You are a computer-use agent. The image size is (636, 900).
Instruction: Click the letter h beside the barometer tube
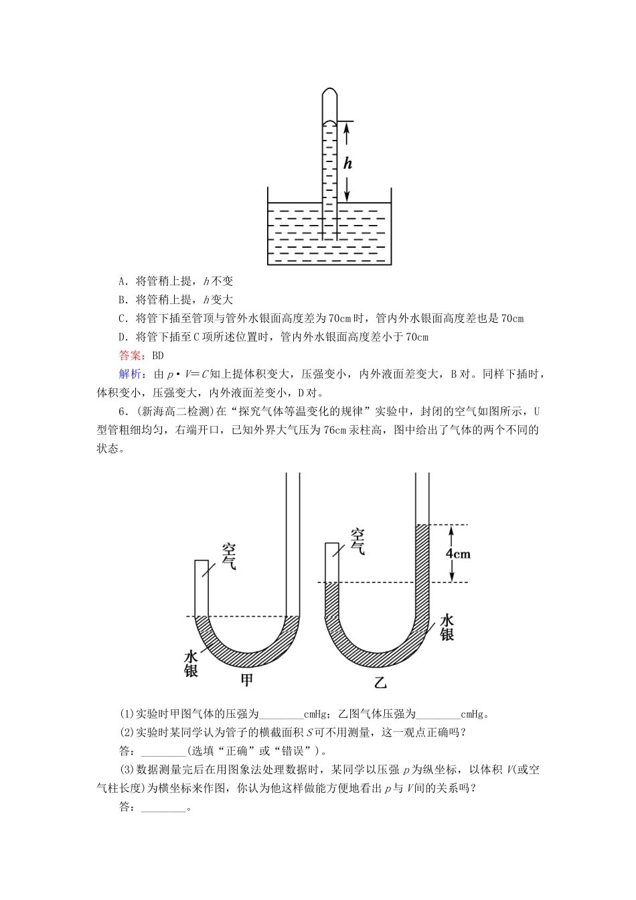click(347, 163)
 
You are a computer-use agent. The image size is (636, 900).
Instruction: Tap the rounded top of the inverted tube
click(329, 92)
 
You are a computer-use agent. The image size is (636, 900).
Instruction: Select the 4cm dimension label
click(458, 553)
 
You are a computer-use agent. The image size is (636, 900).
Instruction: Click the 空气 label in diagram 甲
click(229, 557)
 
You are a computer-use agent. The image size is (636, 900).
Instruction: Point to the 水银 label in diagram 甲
click(191, 663)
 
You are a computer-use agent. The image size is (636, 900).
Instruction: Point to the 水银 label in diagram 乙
click(447, 627)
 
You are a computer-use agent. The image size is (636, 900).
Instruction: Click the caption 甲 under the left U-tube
click(247, 680)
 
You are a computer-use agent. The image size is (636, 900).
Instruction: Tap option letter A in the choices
click(123, 281)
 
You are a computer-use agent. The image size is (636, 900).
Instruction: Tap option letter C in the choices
click(123, 319)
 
